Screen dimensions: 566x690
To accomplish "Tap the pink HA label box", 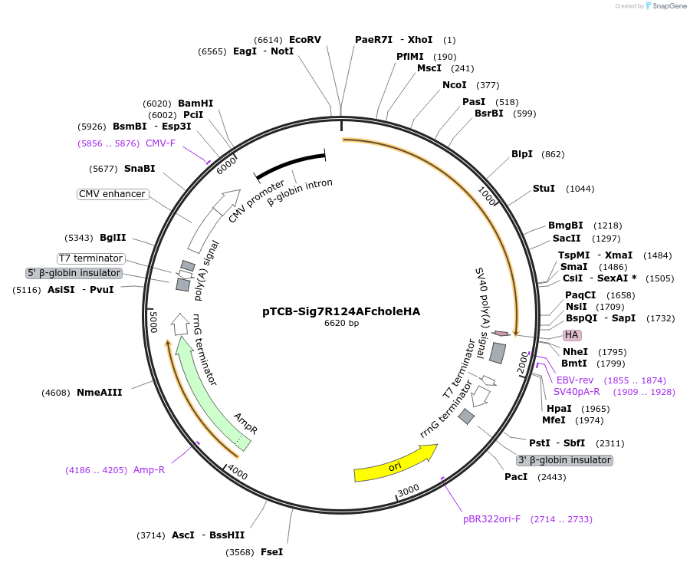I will (x=572, y=335).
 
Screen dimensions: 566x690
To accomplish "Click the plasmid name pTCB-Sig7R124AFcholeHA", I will (x=341, y=311).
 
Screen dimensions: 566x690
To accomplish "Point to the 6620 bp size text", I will (x=341, y=324).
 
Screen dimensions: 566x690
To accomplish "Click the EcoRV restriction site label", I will (x=305, y=40).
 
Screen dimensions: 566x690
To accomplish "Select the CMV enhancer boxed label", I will (x=113, y=194).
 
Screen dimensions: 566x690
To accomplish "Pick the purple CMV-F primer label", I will (x=160, y=143).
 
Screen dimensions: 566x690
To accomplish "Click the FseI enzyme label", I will (x=271, y=552).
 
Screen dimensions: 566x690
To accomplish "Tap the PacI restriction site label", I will (x=516, y=477).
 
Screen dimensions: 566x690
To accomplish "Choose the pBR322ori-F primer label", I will (x=491, y=519).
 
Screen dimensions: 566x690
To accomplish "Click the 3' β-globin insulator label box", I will (x=565, y=460).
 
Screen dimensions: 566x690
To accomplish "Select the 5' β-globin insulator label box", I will (x=74, y=273).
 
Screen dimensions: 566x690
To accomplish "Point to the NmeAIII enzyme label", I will (x=99, y=393).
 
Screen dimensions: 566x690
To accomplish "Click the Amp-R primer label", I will (x=149, y=470).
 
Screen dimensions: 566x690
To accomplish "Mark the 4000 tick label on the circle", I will (x=238, y=474).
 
